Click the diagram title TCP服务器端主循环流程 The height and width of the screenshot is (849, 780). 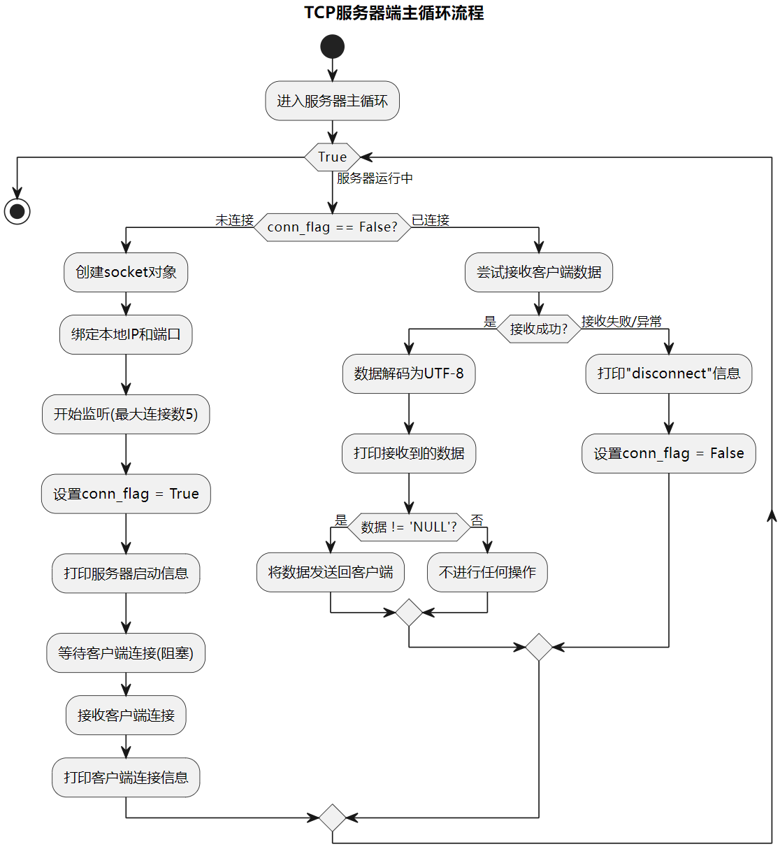[x=393, y=13]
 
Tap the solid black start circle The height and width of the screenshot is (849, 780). [x=332, y=47]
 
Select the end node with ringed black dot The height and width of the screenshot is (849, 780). [x=17, y=211]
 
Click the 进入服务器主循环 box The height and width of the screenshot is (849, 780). [x=332, y=101]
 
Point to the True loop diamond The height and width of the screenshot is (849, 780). [x=332, y=157]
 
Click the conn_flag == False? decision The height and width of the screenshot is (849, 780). [x=332, y=227]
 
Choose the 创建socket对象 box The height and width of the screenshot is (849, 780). [x=126, y=272]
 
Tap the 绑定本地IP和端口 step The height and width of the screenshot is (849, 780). [x=126, y=334]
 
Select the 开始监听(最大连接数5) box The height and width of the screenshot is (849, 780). [x=126, y=414]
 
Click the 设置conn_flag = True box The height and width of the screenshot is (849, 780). [x=126, y=494]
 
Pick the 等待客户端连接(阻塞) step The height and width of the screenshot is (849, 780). [x=126, y=652]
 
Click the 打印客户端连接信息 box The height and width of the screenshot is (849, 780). [x=126, y=777]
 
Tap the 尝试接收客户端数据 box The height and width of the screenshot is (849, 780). [x=538, y=272]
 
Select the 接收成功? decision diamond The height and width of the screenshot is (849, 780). [x=538, y=329]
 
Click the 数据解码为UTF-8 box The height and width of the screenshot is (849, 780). [x=409, y=373]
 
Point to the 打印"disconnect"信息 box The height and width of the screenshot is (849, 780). [x=668, y=373]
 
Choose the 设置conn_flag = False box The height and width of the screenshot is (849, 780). [x=668, y=453]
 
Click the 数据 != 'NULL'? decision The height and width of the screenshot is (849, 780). [x=409, y=527]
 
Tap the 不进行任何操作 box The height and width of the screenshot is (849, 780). [x=487, y=572]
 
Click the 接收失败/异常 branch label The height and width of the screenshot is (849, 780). [x=621, y=321]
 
